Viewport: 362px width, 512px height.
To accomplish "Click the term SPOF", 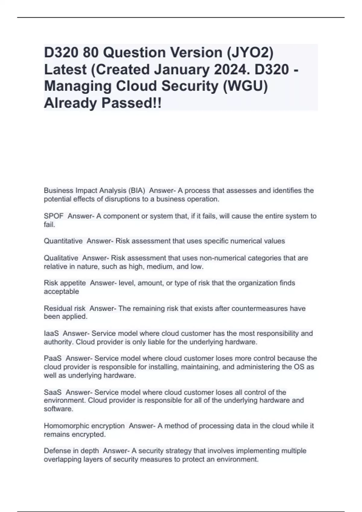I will click(54, 216).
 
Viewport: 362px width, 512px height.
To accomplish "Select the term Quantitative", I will click(63, 241).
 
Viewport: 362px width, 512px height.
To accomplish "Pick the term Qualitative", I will click(61, 258).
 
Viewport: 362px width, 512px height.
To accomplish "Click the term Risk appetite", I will click(65, 283).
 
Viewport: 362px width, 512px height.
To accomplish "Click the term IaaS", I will click(51, 333).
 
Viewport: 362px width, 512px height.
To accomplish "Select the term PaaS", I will click(53, 358).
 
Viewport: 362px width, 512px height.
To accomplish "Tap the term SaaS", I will click(53, 392).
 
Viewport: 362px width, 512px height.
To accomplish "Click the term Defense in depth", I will click(71, 451).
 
